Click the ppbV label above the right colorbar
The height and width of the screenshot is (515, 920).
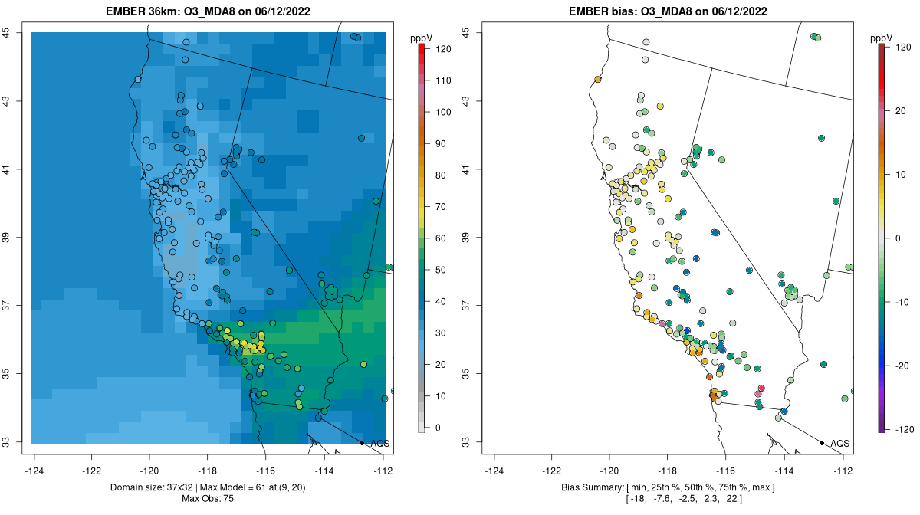[x=882, y=38]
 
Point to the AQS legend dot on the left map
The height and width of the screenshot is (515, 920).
[x=362, y=443]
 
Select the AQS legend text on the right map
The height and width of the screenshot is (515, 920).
[x=839, y=443]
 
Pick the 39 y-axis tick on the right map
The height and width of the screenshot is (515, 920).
[x=466, y=238]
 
